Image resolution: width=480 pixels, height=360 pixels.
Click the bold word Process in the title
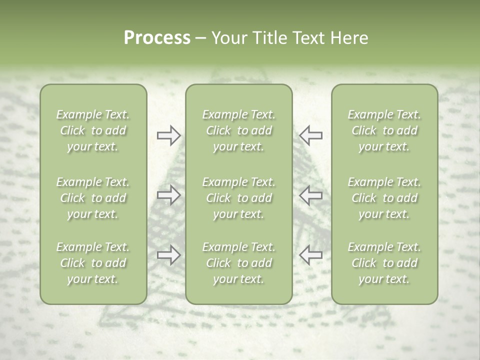point(157,38)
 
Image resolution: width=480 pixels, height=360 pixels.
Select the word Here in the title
point(349,38)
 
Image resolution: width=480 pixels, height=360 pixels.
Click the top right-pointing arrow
point(168,135)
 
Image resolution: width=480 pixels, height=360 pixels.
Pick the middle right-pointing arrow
point(168,195)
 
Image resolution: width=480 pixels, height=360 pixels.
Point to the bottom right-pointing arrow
point(168,255)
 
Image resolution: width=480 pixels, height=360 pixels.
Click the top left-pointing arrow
point(311,135)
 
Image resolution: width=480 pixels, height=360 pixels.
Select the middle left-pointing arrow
point(311,195)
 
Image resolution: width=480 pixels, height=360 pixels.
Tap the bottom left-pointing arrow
point(311,255)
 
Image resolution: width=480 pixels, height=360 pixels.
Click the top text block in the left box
point(93,130)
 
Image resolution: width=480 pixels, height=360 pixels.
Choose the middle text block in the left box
point(93,198)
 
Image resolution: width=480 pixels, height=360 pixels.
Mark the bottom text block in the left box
point(93,263)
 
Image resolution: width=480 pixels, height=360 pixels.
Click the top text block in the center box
point(238,130)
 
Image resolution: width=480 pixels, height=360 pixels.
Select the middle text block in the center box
point(238,198)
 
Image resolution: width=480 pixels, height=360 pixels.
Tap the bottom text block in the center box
point(238,263)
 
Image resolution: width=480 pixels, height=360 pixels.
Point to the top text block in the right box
point(384,130)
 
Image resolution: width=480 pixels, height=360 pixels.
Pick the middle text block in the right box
point(384,198)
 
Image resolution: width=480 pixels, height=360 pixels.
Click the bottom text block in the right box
point(384,263)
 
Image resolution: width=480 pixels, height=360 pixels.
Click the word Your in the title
point(228,38)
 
